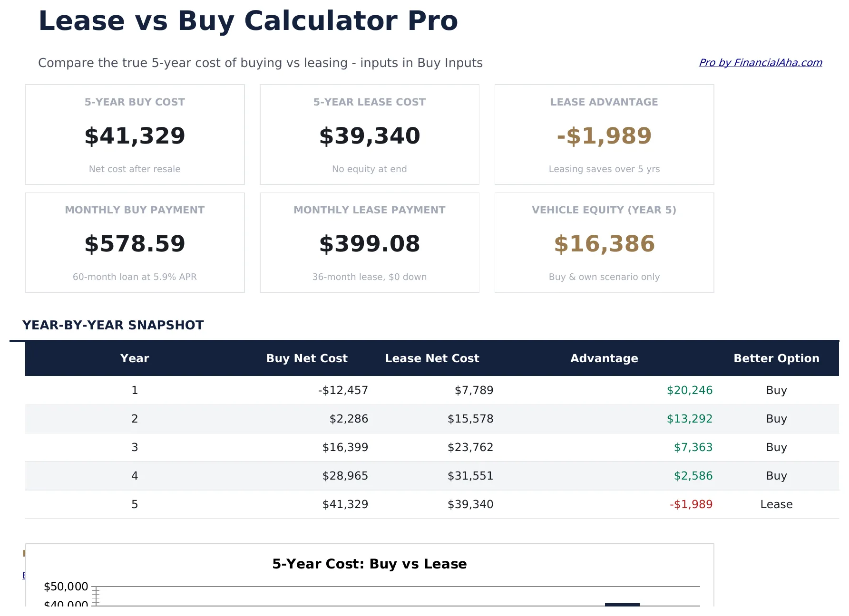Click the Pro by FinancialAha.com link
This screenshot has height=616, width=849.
click(x=760, y=63)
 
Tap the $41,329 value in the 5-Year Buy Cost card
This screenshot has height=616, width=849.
click(x=135, y=136)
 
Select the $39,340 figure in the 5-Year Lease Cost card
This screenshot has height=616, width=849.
click(x=370, y=136)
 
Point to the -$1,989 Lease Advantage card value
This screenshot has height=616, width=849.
click(x=604, y=136)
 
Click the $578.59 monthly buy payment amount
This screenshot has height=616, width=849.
click(x=135, y=244)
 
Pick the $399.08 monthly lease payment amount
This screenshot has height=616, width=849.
click(x=370, y=244)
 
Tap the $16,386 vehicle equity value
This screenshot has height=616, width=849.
click(x=604, y=244)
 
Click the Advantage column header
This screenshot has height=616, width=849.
click(x=604, y=358)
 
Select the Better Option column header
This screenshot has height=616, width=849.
click(x=776, y=358)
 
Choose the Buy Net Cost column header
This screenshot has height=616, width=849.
click(x=307, y=358)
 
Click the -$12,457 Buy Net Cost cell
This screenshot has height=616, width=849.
click(x=343, y=390)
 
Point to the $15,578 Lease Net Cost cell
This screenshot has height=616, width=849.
click(x=470, y=419)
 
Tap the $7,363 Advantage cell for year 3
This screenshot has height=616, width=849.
click(x=693, y=447)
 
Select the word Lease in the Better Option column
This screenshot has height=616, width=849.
click(x=776, y=504)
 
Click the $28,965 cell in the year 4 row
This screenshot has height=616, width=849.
click(x=345, y=476)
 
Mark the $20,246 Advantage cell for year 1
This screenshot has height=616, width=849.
click(x=689, y=390)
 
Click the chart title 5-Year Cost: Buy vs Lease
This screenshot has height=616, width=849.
click(x=370, y=564)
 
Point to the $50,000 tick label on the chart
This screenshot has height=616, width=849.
click(x=66, y=587)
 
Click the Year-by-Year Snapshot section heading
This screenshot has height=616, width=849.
click(x=113, y=325)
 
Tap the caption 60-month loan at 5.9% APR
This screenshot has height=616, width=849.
click(x=135, y=277)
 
